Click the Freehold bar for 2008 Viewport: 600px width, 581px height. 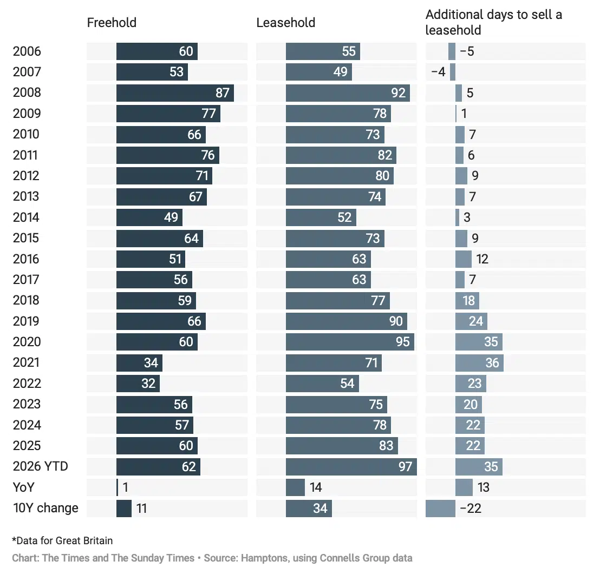(175, 93)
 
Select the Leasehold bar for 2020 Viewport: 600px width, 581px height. (350, 342)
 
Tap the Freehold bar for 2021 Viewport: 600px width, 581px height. (139, 363)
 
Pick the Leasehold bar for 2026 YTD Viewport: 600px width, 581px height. (351, 466)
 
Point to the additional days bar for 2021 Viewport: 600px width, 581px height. (479, 363)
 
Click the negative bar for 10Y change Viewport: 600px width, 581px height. (440, 509)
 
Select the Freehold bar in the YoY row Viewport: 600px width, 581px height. (117, 487)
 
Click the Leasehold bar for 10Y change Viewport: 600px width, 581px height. (309, 509)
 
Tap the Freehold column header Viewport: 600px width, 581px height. (112, 23)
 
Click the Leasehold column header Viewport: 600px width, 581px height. (286, 23)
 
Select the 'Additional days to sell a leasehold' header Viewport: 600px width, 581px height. (494, 22)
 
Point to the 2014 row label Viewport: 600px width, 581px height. (26, 217)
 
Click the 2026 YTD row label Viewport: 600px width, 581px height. (41, 466)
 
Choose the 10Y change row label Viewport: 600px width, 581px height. (45, 508)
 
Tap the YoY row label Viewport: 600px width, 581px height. (24, 487)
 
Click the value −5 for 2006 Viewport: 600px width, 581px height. (467, 51)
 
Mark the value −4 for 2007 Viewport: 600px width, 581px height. (439, 72)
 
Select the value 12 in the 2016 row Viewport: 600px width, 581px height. (482, 259)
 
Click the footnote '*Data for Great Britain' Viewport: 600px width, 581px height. (62, 540)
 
